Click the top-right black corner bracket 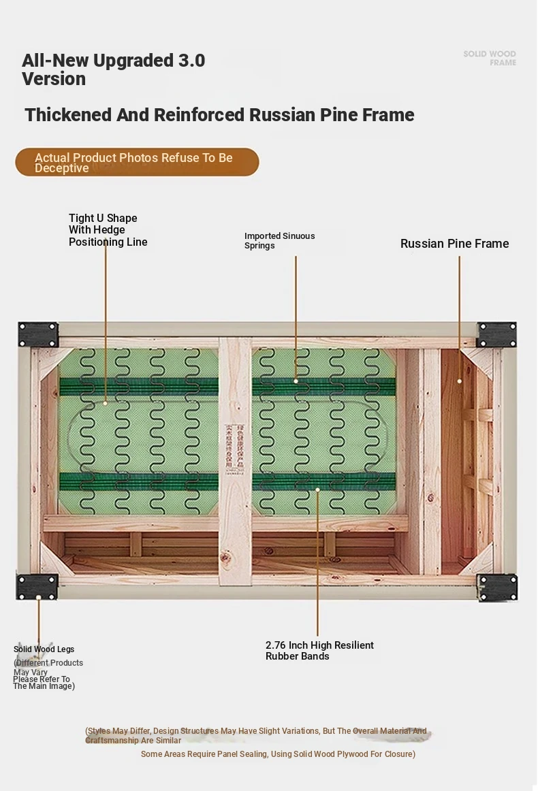point(496,334)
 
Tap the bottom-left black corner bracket point(37,587)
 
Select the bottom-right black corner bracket point(497,587)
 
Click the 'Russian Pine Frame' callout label point(454,244)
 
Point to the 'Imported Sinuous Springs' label point(279,240)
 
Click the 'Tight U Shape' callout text point(103,219)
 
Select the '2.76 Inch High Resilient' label point(319,645)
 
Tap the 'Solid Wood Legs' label point(44,649)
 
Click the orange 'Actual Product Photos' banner point(137,163)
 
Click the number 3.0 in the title point(191,61)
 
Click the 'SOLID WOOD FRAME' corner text point(490,58)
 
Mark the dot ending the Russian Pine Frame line point(460,381)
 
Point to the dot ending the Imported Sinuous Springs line point(296,381)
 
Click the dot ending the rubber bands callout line point(317,489)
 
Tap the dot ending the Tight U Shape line point(106,403)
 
